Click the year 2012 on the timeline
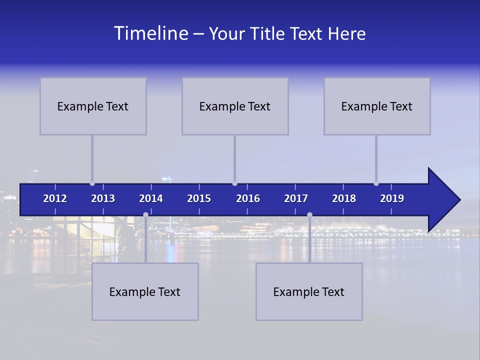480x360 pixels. coord(55,198)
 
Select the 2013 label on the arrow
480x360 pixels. coord(103,198)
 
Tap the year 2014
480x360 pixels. coord(151,198)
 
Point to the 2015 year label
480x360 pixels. coord(199,198)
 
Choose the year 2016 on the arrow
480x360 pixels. coord(248,198)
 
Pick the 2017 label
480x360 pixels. coord(296,198)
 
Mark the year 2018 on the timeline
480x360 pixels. coord(344,198)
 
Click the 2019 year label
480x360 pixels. coord(392,198)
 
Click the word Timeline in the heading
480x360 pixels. coord(150,33)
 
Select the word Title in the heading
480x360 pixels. coord(268,34)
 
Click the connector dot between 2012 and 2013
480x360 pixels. coord(92,183)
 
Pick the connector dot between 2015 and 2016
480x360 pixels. coord(234,183)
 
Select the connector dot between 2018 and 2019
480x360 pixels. coord(376,183)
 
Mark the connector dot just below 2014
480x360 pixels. coord(145,214)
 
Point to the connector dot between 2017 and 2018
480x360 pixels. coord(309,214)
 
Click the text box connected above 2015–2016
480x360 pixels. coord(235,106)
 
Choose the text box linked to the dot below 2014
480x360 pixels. coord(145,291)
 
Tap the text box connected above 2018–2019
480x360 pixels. coord(377,106)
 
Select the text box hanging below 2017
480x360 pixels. coord(309,291)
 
